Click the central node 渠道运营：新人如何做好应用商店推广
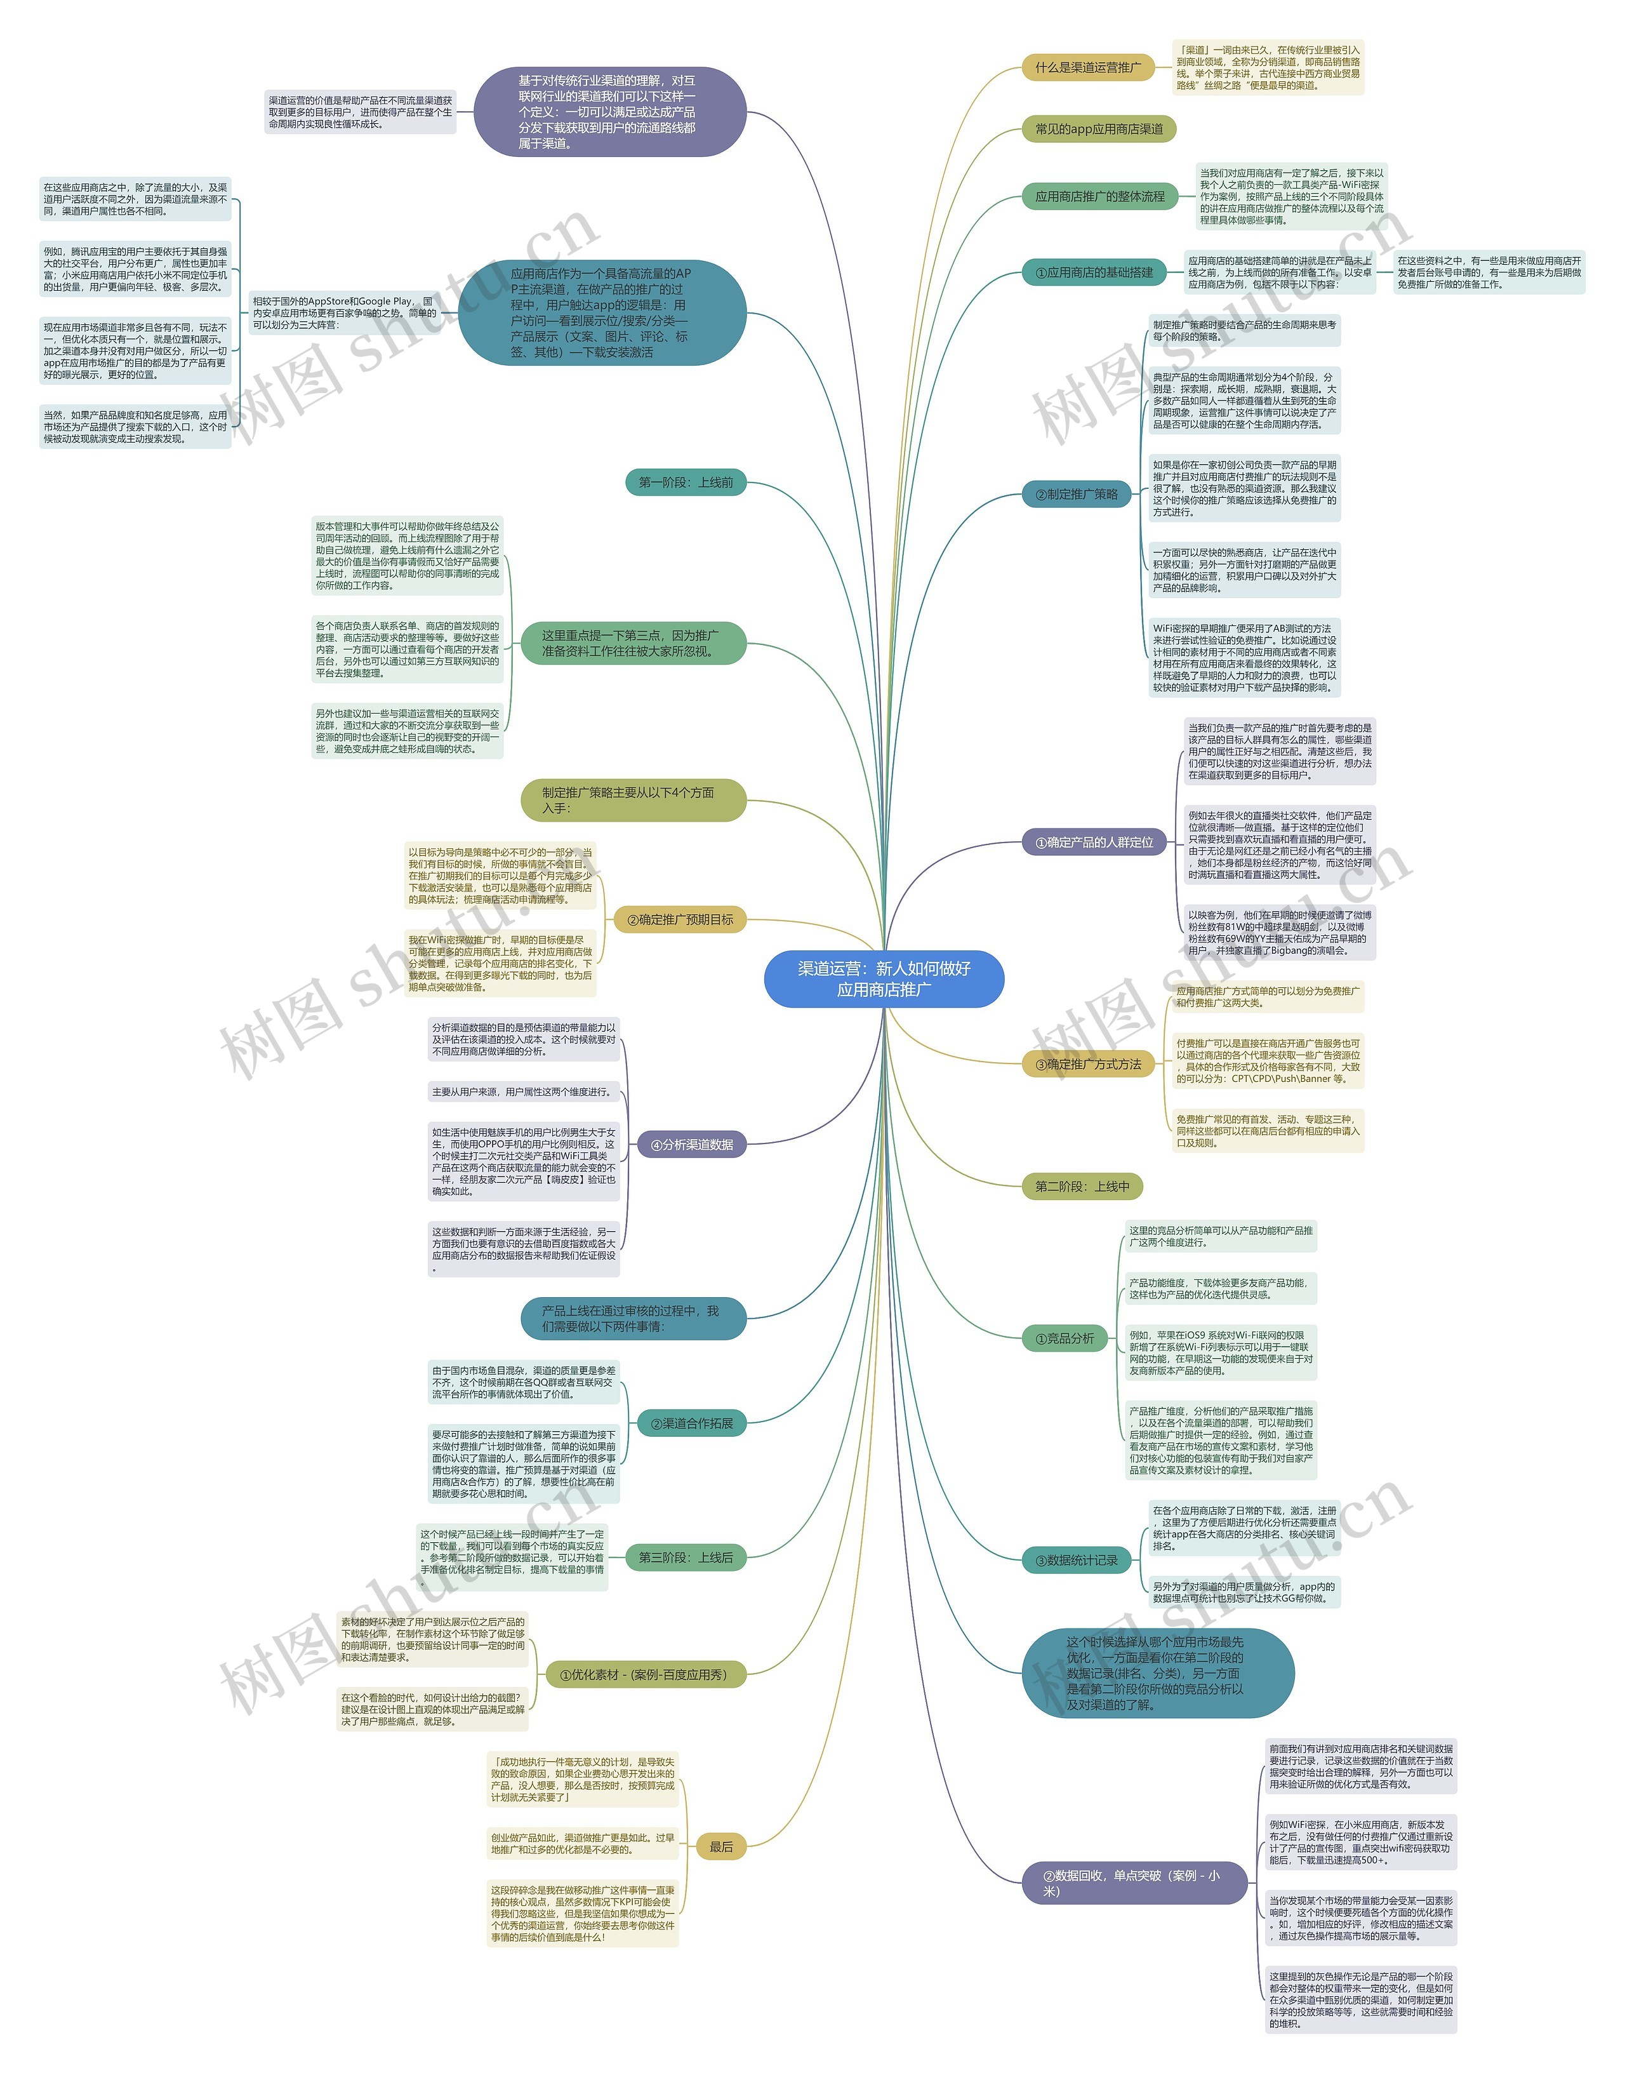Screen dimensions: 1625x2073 click(x=884, y=978)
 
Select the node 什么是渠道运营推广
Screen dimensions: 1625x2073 click(x=1087, y=67)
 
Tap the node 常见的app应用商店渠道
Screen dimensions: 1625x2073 click(x=1099, y=128)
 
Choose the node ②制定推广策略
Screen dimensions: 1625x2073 click(x=1082, y=494)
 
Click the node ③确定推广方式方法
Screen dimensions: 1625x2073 click(x=1087, y=1063)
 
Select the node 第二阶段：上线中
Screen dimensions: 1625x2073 click(x=1082, y=1186)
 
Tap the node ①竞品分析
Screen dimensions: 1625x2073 click(x=1064, y=1338)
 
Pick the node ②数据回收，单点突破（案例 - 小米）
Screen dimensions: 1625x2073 click(x=1133, y=1883)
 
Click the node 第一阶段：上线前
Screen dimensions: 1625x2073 click(x=686, y=483)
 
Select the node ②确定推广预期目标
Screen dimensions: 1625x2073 click(x=680, y=919)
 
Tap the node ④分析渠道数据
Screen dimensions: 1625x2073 click(x=692, y=1145)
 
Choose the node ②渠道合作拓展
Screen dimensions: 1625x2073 click(x=692, y=1423)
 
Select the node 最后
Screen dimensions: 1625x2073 click(x=721, y=1846)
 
